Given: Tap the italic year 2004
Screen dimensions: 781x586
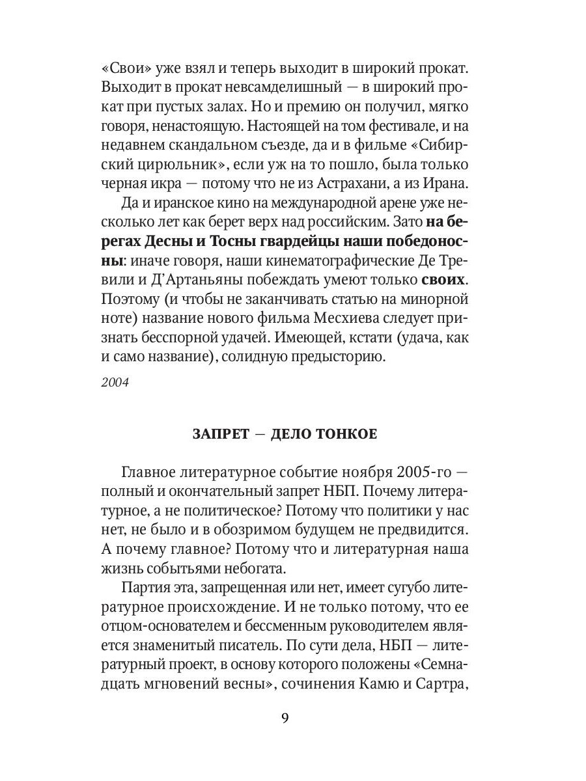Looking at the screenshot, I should (116, 382).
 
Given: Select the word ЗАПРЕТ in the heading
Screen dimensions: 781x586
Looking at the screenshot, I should (220, 434).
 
